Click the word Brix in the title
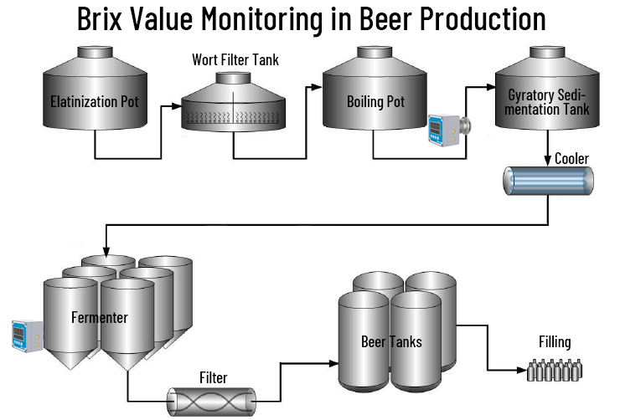[106, 18]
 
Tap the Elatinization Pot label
[94, 103]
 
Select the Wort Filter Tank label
[235, 59]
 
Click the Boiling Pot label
[375, 103]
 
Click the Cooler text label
[572, 159]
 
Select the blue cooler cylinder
[547, 182]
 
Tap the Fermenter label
[99, 317]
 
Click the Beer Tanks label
[391, 341]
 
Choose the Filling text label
[555, 341]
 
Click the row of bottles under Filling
[555, 369]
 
